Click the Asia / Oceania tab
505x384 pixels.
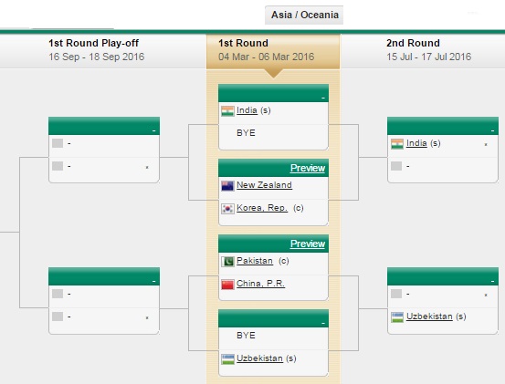pyautogui.click(x=304, y=15)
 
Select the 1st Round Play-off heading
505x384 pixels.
pyautogui.click(x=93, y=43)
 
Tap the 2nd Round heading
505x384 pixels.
pyautogui.click(x=413, y=43)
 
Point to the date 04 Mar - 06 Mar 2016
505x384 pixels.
pyautogui.click(x=266, y=57)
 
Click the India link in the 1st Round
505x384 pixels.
pyautogui.click(x=247, y=110)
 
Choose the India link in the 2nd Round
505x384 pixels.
pyautogui.click(x=416, y=143)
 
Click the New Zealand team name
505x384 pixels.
pyautogui.click(x=264, y=185)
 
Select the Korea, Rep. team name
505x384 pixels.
pyautogui.click(x=262, y=208)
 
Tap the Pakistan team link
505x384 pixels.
pyautogui.click(x=255, y=261)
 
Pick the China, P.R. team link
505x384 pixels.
pyautogui.click(x=260, y=284)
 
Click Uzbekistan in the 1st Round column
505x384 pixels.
pyautogui.click(x=259, y=358)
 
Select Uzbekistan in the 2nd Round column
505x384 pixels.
pyautogui.click(x=429, y=317)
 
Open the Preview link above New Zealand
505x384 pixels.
pyautogui.click(x=308, y=168)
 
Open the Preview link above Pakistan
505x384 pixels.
pyautogui.click(x=308, y=244)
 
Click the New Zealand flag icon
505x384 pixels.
pyautogui.click(x=227, y=186)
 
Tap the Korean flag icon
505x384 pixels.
pyautogui.click(x=227, y=209)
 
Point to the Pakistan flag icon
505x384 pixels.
pyautogui.click(x=227, y=262)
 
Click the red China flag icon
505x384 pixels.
pyautogui.click(x=227, y=285)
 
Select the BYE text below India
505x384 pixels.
pyautogui.click(x=246, y=133)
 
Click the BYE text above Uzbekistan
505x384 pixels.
pyautogui.click(x=246, y=336)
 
